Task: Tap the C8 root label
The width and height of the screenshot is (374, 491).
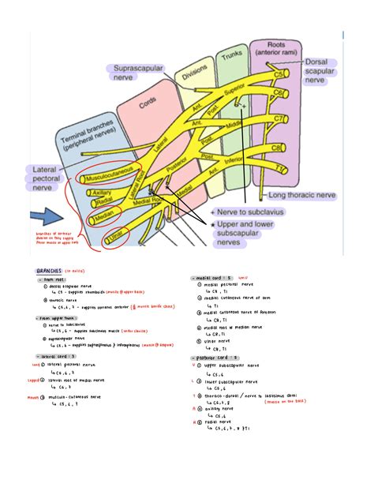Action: tap(279, 148)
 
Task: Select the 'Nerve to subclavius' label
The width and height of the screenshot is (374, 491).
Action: tap(252, 212)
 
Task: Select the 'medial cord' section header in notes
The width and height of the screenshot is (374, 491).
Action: tap(210, 278)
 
